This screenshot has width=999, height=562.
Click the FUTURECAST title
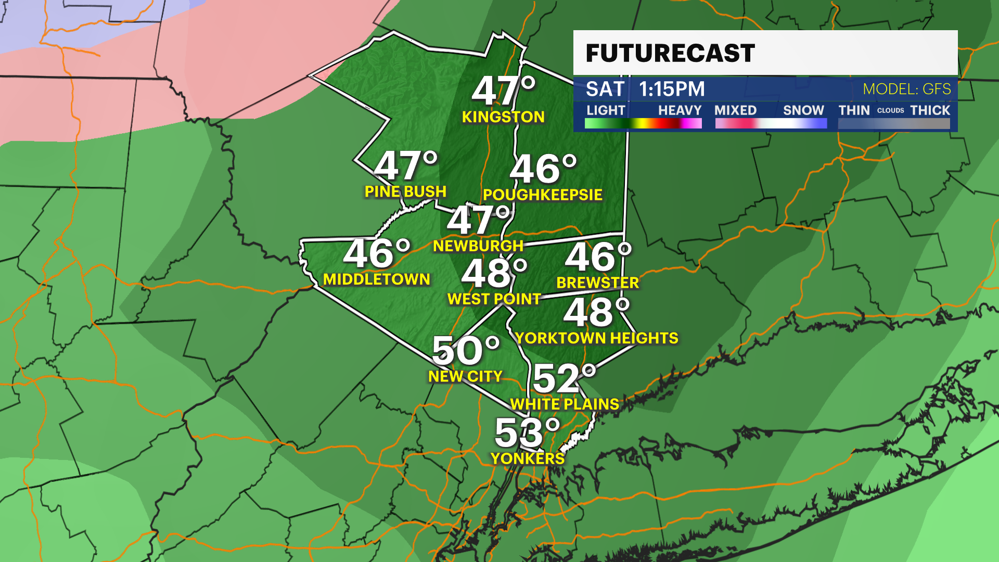[670, 53]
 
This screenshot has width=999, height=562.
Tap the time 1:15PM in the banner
[672, 90]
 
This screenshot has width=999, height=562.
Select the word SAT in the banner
[605, 90]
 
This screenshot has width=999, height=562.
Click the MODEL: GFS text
[906, 90]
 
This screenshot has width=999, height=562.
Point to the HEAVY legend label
[680, 110]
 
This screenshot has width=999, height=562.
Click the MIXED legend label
[735, 110]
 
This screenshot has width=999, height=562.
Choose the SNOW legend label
[803, 110]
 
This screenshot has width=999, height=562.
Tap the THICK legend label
[930, 110]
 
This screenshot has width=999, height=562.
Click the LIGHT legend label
[606, 110]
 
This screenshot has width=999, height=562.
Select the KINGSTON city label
[503, 117]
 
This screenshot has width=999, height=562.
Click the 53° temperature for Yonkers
[527, 433]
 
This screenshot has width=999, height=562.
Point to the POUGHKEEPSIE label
[542, 195]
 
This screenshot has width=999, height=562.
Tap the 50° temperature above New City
[465, 351]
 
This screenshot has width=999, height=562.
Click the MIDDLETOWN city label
[376, 279]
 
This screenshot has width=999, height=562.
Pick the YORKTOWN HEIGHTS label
[597, 338]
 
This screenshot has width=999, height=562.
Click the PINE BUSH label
[405, 191]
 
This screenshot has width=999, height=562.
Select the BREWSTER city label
[597, 283]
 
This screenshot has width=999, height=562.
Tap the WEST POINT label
[494, 299]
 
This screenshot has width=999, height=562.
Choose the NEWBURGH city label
[478, 246]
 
